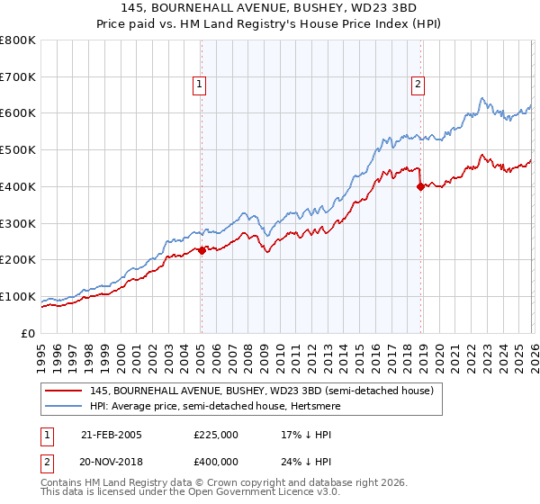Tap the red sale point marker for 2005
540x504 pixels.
pyautogui.click(x=201, y=251)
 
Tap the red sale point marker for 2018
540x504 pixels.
pyautogui.click(x=420, y=187)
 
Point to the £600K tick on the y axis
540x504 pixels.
pyautogui.click(x=18, y=113)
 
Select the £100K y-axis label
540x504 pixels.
pyautogui.click(x=18, y=296)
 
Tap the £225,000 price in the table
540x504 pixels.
pyautogui.click(x=216, y=435)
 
